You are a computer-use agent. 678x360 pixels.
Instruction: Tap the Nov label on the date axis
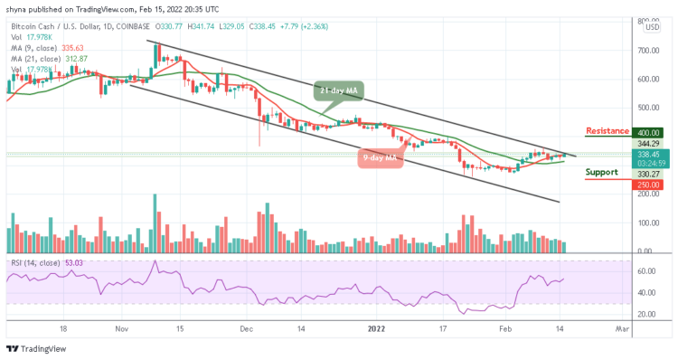[x=122, y=331]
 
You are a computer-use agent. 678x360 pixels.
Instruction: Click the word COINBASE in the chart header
[x=127, y=27]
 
